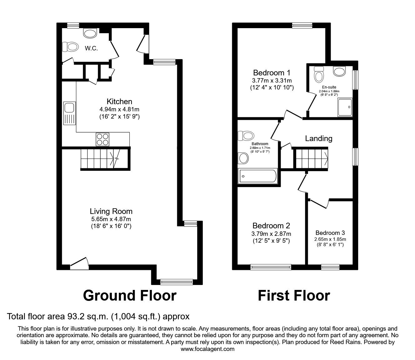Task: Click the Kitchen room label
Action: click(119, 102)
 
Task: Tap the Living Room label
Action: click(111, 211)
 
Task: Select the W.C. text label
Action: click(91, 48)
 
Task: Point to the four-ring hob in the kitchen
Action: click(102, 139)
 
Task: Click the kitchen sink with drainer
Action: click(69, 113)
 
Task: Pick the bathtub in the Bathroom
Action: click(257, 176)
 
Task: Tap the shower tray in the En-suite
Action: click(345, 107)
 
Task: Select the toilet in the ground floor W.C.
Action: click(70, 47)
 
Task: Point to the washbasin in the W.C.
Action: click(90, 33)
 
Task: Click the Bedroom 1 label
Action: click(272, 73)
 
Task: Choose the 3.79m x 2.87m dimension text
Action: click(271, 234)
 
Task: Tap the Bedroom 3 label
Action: click(330, 233)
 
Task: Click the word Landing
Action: click(319, 139)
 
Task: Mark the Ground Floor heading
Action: click(130, 296)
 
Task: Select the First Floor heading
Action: click(294, 296)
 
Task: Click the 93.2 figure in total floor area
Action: click(73, 317)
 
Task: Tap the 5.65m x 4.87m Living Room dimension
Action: click(111, 219)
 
